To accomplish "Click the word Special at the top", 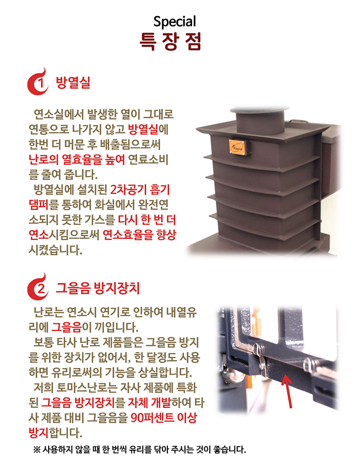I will (x=175, y=21).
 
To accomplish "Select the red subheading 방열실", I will (x=73, y=83).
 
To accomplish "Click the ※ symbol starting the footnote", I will (x=36, y=449).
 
